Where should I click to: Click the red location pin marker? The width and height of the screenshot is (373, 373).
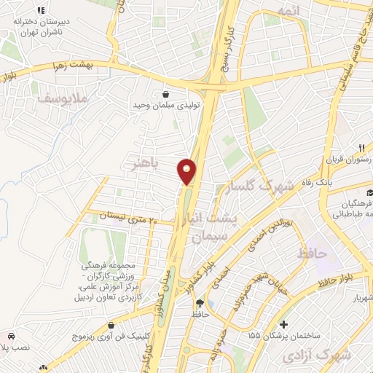click(x=187, y=171)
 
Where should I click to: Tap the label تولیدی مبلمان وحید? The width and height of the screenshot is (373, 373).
click(x=166, y=106)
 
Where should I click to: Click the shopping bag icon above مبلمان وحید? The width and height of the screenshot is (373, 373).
click(x=166, y=94)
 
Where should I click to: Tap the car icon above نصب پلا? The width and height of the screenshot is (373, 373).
click(x=12, y=336)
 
